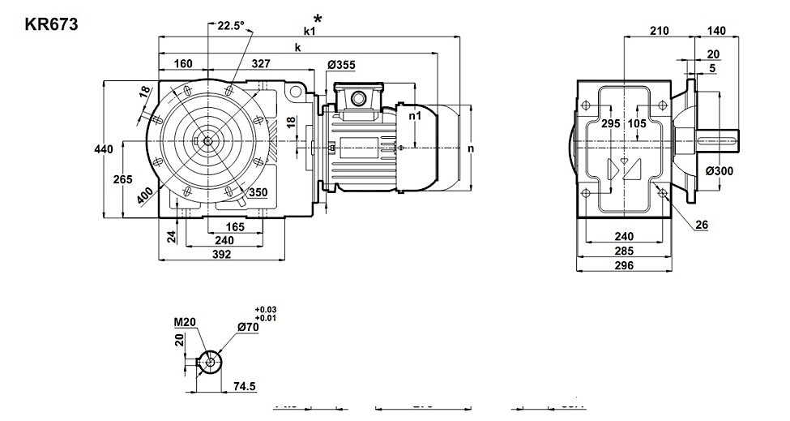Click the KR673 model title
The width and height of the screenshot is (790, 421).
coord(52,24)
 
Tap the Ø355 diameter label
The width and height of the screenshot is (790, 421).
coord(341,65)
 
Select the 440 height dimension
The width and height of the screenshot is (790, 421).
coord(103,149)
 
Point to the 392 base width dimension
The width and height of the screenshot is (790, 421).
coord(221,254)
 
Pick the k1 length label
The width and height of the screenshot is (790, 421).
coord(310,31)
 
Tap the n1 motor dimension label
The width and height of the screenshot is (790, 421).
coord(415,116)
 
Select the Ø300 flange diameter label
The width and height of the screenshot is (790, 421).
coord(720,171)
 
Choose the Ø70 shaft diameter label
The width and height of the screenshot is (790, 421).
coord(247,327)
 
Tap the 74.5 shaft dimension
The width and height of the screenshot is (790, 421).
coord(242,387)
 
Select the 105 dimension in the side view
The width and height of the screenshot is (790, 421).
coord(637,123)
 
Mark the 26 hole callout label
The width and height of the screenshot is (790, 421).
coord(702,224)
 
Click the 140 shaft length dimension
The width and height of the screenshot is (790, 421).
coord(715,31)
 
